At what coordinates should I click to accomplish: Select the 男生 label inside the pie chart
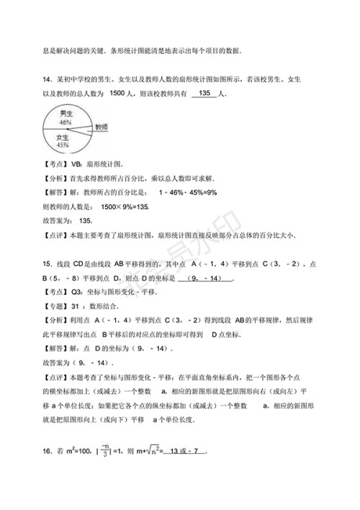pyautogui.click(x=66, y=113)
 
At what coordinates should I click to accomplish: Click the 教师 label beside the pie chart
pyautogui.click(x=102, y=125)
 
